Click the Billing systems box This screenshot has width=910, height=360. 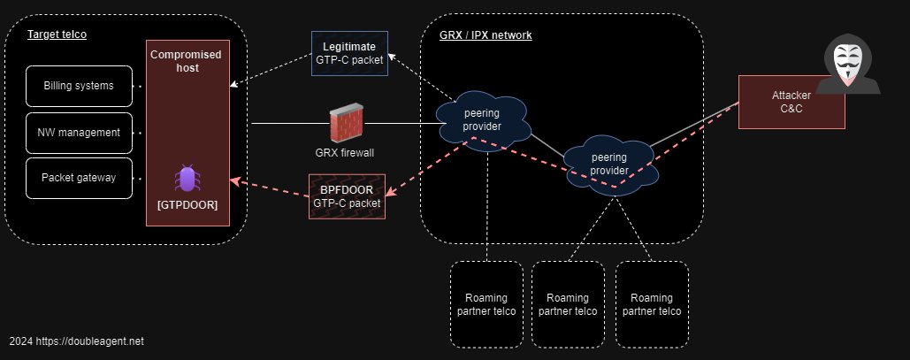(79, 86)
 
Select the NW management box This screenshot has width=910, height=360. (79, 133)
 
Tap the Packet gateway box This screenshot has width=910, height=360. (79, 178)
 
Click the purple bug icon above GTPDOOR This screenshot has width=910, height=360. (187, 178)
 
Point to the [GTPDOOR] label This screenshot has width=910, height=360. (187, 204)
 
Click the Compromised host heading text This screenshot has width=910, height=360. (187, 61)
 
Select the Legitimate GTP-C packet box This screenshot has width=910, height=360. (349, 53)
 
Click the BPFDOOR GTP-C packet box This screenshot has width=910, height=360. (347, 196)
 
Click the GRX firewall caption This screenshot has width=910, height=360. (345, 153)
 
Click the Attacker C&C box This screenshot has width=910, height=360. (791, 102)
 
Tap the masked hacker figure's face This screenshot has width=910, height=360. (847, 65)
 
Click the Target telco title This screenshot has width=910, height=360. (57, 34)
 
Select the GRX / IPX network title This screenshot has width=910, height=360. (486, 35)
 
